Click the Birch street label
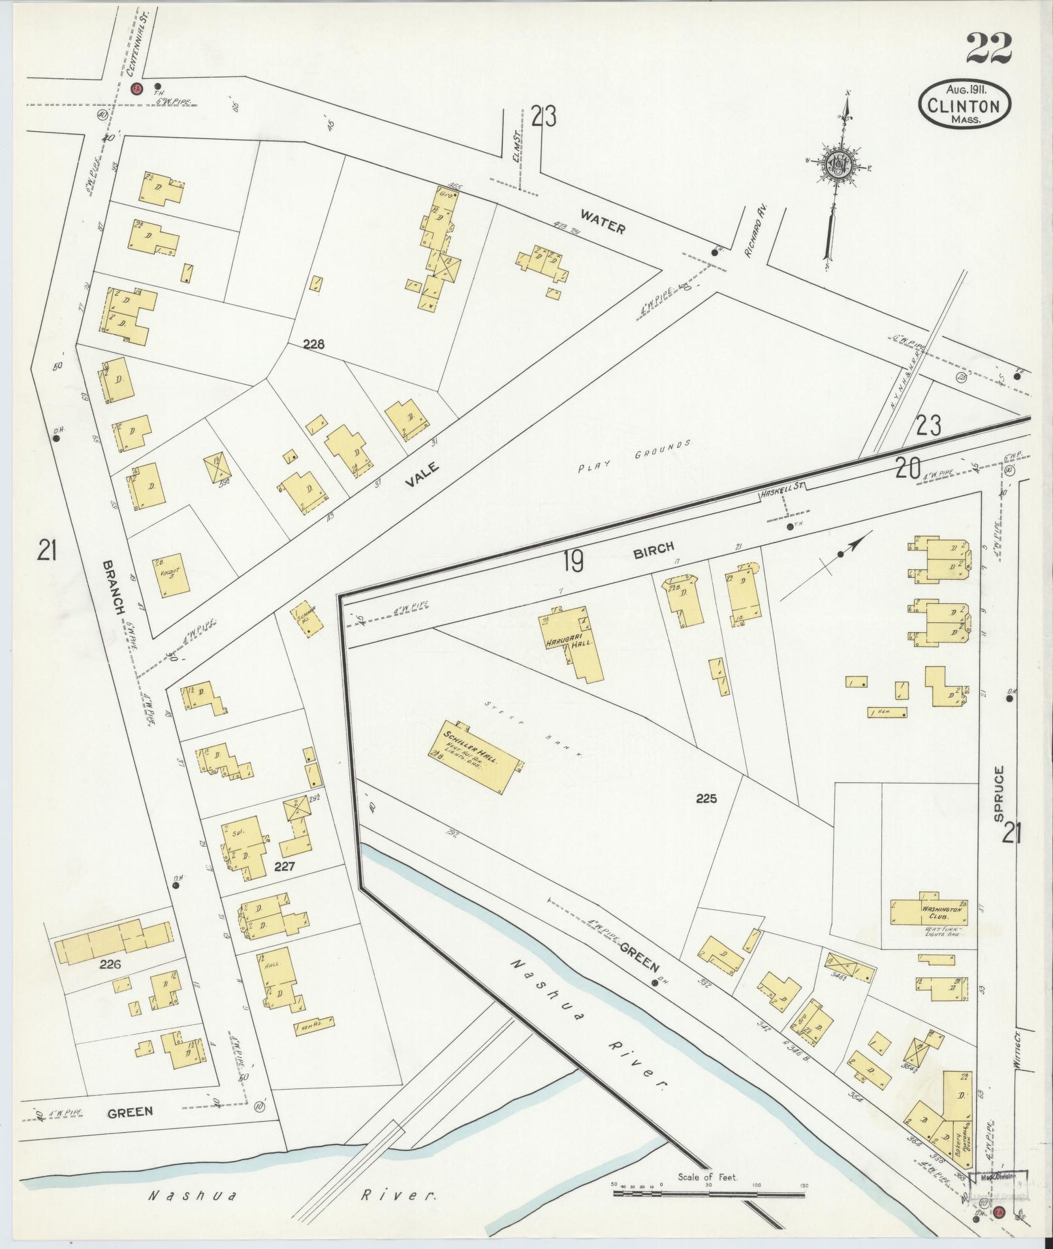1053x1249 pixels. point(652,549)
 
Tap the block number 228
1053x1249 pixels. point(313,343)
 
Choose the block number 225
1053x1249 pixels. point(706,798)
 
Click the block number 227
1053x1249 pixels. point(285,867)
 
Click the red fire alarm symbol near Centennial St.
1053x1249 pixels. point(136,89)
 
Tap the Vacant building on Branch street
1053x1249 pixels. point(172,574)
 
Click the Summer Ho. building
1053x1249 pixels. point(307,617)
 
